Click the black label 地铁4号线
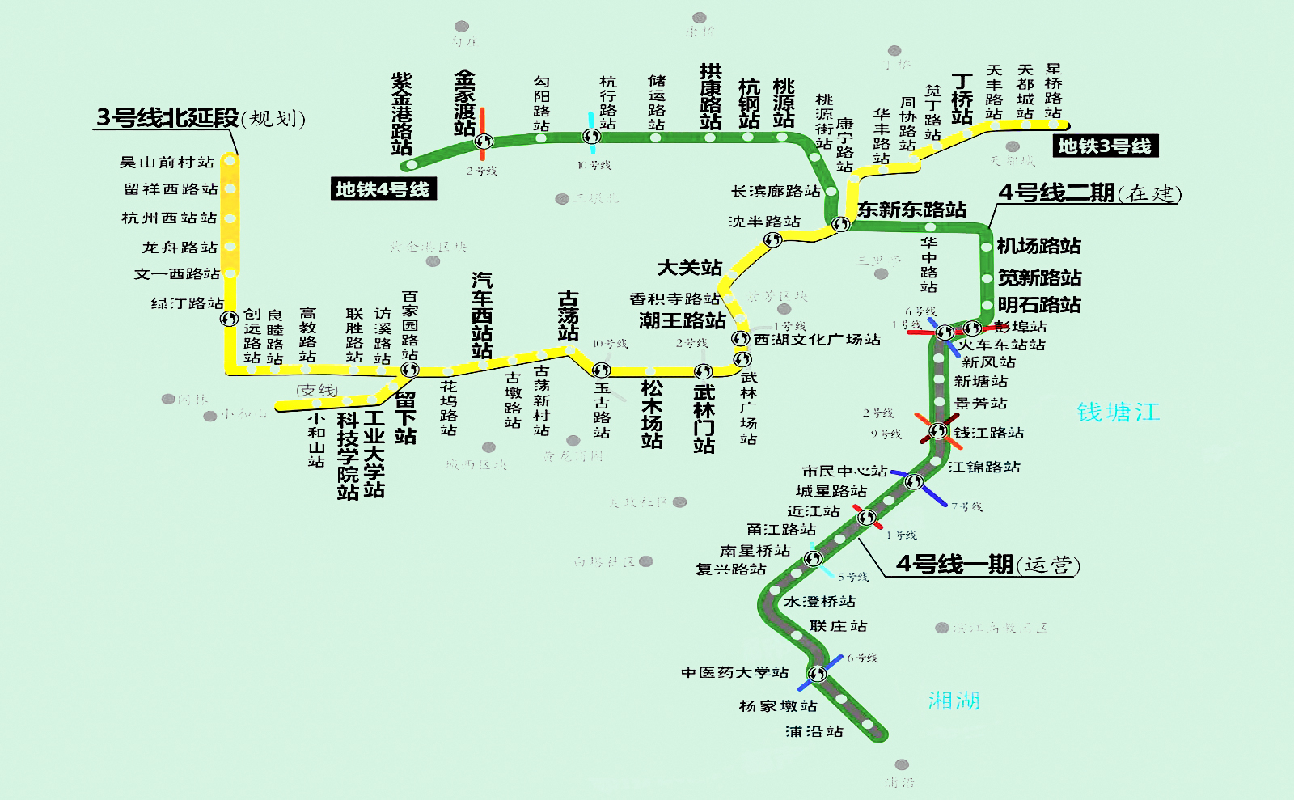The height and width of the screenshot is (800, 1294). pyautogui.click(x=383, y=189)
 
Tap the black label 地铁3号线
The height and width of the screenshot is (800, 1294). pyautogui.click(x=1105, y=146)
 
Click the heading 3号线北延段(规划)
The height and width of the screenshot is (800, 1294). pyautogui.click(x=201, y=118)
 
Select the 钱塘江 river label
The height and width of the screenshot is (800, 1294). pyautogui.click(x=1118, y=412)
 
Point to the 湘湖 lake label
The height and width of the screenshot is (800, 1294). pyautogui.click(x=954, y=700)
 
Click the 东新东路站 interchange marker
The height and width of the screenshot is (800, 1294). pyautogui.click(x=841, y=224)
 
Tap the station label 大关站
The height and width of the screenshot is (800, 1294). pyautogui.click(x=689, y=268)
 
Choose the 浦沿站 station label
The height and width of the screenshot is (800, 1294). pyautogui.click(x=814, y=731)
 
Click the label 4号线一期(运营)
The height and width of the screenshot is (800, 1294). pyautogui.click(x=987, y=565)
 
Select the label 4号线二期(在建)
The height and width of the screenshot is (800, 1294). pyautogui.click(x=1089, y=193)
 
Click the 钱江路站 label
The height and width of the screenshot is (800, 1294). pyautogui.click(x=988, y=433)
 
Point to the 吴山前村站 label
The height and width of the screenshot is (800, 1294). pyautogui.click(x=167, y=163)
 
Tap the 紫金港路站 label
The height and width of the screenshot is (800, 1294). pyautogui.click(x=401, y=113)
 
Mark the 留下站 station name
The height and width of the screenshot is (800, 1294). pyautogui.click(x=405, y=417)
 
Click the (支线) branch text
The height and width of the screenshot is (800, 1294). pyautogui.click(x=316, y=391)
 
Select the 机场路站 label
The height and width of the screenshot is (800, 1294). pyautogui.click(x=1038, y=246)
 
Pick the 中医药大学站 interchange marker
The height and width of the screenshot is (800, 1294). pyautogui.click(x=818, y=674)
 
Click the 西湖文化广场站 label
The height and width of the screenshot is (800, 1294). pyautogui.click(x=817, y=340)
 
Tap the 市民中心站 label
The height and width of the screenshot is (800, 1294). pyautogui.click(x=844, y=471)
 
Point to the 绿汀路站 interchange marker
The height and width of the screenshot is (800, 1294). pyautogui.click(x=230, y=319)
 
